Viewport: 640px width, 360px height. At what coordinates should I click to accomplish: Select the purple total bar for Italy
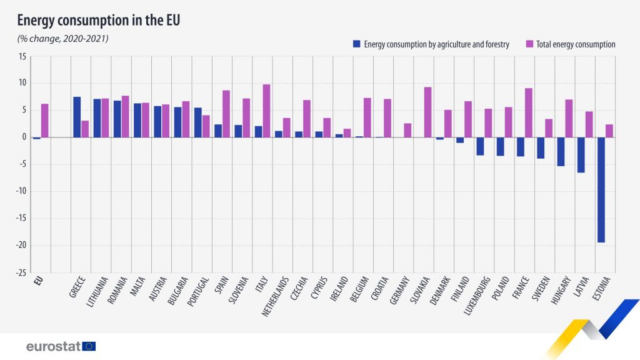point(266,111)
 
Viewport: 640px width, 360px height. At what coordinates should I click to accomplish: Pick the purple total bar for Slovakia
point(427,112)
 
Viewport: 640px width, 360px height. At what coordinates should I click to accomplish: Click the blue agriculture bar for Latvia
point(581,154)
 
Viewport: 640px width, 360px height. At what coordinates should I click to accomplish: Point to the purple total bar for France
point(529,112)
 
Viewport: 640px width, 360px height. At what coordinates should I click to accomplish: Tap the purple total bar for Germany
point(407,130)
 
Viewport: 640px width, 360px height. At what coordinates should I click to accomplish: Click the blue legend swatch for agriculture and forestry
point(357,44)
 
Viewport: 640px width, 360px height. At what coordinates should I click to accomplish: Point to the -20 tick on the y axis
point(22,246)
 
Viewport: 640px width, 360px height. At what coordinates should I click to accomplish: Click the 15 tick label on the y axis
point(22,56)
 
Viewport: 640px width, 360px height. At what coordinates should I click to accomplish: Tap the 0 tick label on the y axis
point(24,137)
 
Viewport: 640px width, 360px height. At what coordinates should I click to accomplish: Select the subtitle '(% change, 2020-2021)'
point(63,39)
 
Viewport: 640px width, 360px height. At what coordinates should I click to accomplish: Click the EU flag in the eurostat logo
point(89,346)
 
